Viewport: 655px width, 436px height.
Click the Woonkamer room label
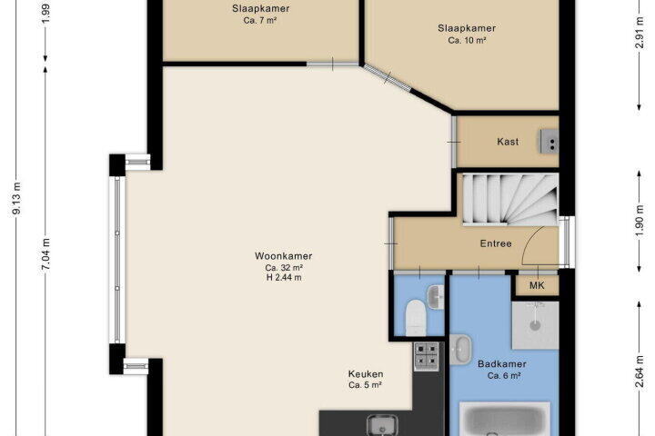pos(283,256)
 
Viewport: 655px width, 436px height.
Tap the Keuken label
pos(366,374)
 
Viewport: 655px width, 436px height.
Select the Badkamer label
pos(501,364)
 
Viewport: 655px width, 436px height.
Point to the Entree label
pos(496,243)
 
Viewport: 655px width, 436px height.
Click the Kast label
pos(508,142)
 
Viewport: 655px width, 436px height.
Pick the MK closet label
pos(537,285)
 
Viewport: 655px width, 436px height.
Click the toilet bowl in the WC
pos(416,318)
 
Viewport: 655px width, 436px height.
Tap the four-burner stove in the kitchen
pos(426,356)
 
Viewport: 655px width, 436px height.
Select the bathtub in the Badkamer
pos(505,419)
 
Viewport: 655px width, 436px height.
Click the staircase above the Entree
pos(510,200)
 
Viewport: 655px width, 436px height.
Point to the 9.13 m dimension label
pos(16,198)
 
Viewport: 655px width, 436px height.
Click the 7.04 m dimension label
pos(46,254)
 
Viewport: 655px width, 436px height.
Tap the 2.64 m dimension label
pos(639,372)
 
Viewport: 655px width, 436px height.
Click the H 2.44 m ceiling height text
pos(284,277)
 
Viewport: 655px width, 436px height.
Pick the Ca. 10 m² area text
pos(467,41)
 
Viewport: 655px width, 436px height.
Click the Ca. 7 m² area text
pos(260,20)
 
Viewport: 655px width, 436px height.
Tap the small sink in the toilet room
pos(435,297)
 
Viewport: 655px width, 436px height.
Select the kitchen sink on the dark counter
pos(382,426)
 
